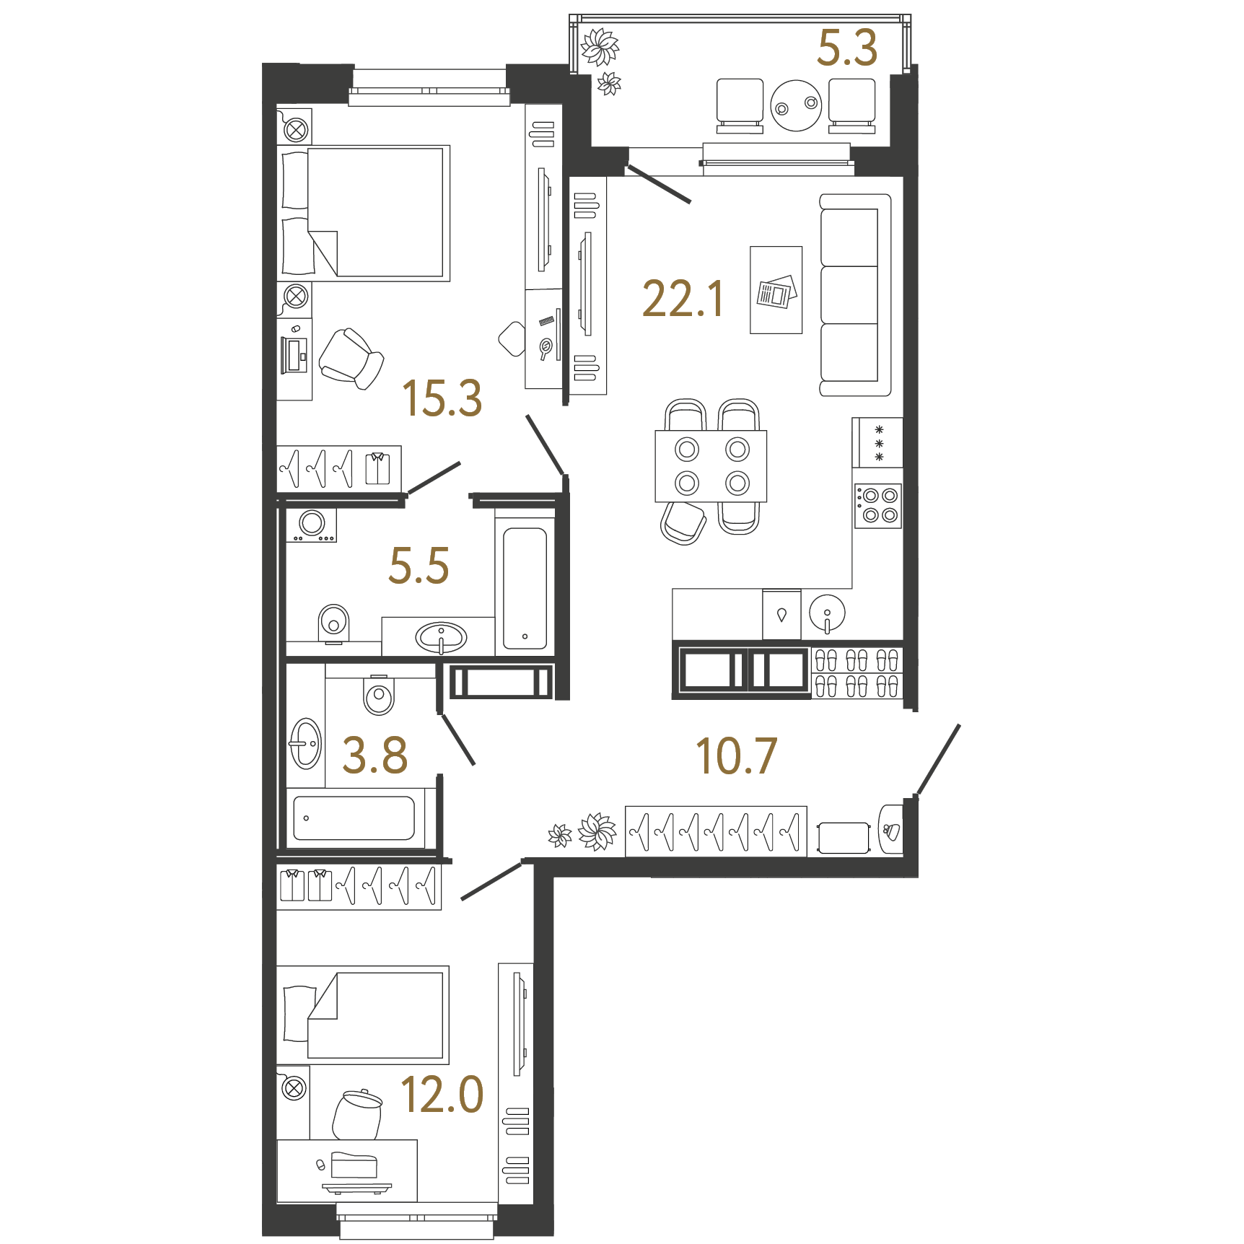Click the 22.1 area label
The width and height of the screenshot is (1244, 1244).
683,299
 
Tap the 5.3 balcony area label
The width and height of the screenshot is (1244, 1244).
847,48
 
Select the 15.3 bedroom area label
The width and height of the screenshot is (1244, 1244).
442,398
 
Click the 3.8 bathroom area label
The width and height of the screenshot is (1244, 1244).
374,755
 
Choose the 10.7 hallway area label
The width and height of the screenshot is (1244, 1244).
736,755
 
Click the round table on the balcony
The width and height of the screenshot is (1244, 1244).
796,105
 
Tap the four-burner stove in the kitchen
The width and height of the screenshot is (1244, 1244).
878,506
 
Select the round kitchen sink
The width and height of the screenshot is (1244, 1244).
827,613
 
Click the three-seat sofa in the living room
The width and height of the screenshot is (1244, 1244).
855,294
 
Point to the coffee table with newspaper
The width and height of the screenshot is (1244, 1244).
776,290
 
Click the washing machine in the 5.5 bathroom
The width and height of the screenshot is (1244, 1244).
312,525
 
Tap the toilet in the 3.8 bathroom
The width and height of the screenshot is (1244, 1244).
379,694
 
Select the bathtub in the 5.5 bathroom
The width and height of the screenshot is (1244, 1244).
525,588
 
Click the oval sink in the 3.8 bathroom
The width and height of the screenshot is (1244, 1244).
305,743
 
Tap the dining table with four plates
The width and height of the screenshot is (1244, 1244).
711,466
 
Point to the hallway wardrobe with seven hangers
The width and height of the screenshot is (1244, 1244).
716,831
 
